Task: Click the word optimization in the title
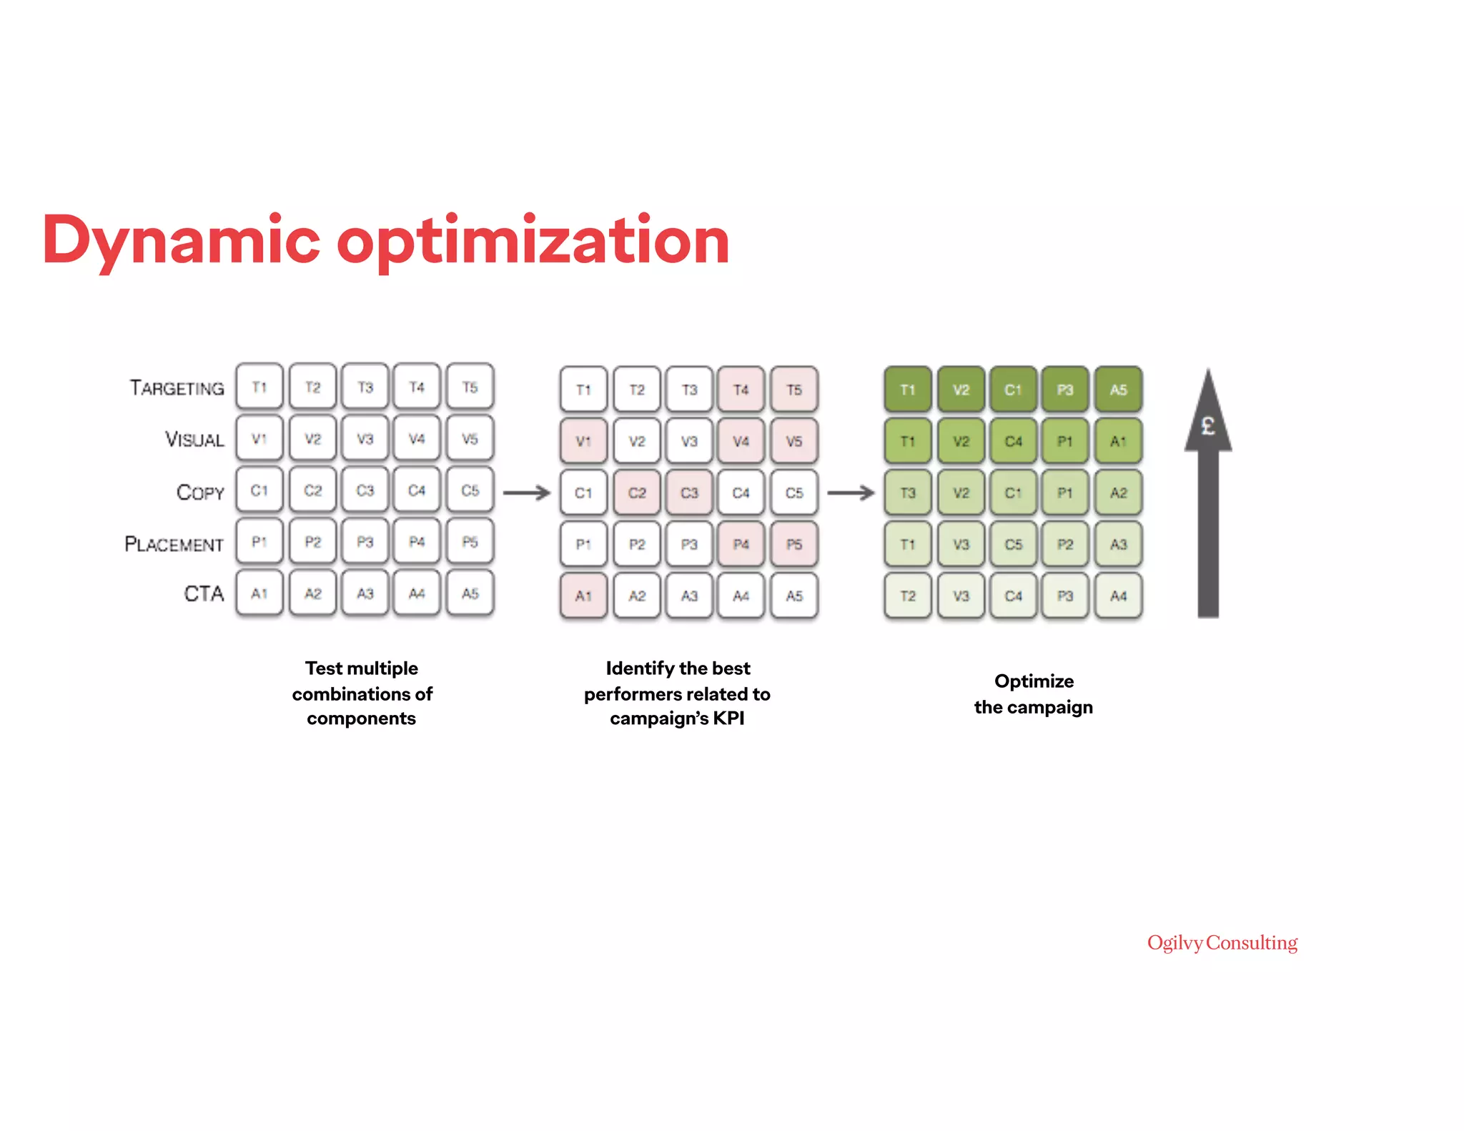click(x=533, y=241)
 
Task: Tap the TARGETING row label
click(x=177, y=388)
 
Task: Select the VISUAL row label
click(x=194, y=439)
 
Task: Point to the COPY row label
click(x=200, y=492)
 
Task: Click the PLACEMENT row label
click(x=174, y=544)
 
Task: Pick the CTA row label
click(x=204, y=593)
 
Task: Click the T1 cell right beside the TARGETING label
click(x=259, y=387)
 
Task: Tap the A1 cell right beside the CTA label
click(x=259, y=593)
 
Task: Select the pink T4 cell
click(x=741, y=390)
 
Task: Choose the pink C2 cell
click(x=637, y=493)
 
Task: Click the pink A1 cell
click(x=583, y=596)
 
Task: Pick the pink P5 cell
click(x=794, y=544)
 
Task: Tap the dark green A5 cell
click(x=1118, y=390)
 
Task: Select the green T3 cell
click(x=908, y=493)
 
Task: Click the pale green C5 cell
click(x=1013, y=544)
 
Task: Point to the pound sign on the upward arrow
click(x=1208, y=426)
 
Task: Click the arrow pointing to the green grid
click(x=851, y=493)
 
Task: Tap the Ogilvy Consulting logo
click(x=1222, y=943)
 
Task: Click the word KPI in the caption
click(x=728, y=718)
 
